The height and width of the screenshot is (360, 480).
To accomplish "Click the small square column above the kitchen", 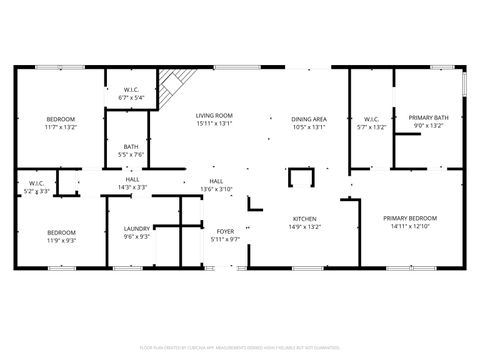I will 300,178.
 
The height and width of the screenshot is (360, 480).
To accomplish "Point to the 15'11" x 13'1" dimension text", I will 213,124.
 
